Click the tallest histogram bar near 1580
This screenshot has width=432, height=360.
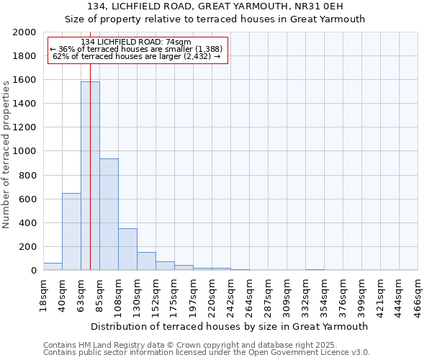pos(90,176)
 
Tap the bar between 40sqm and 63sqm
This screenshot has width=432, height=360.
pos(71,232)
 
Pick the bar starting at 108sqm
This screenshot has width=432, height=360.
pos(127,250)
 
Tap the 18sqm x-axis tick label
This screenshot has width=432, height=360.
pos(43,293)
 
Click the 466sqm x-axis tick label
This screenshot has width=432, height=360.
pos(418,293)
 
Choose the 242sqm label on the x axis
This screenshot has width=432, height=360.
pos(230,293)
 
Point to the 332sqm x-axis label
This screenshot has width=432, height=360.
pos(305,293)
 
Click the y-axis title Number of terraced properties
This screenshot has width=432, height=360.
pos(7,152)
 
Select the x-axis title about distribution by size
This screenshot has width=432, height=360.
pos(230,326)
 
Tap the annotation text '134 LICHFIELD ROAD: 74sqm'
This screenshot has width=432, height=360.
pos(136,42)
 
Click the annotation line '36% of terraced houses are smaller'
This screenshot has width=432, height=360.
pos(136,49)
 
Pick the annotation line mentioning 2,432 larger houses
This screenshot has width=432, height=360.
pos(136,56)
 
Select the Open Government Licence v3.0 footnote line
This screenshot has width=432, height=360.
pos(206,353)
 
